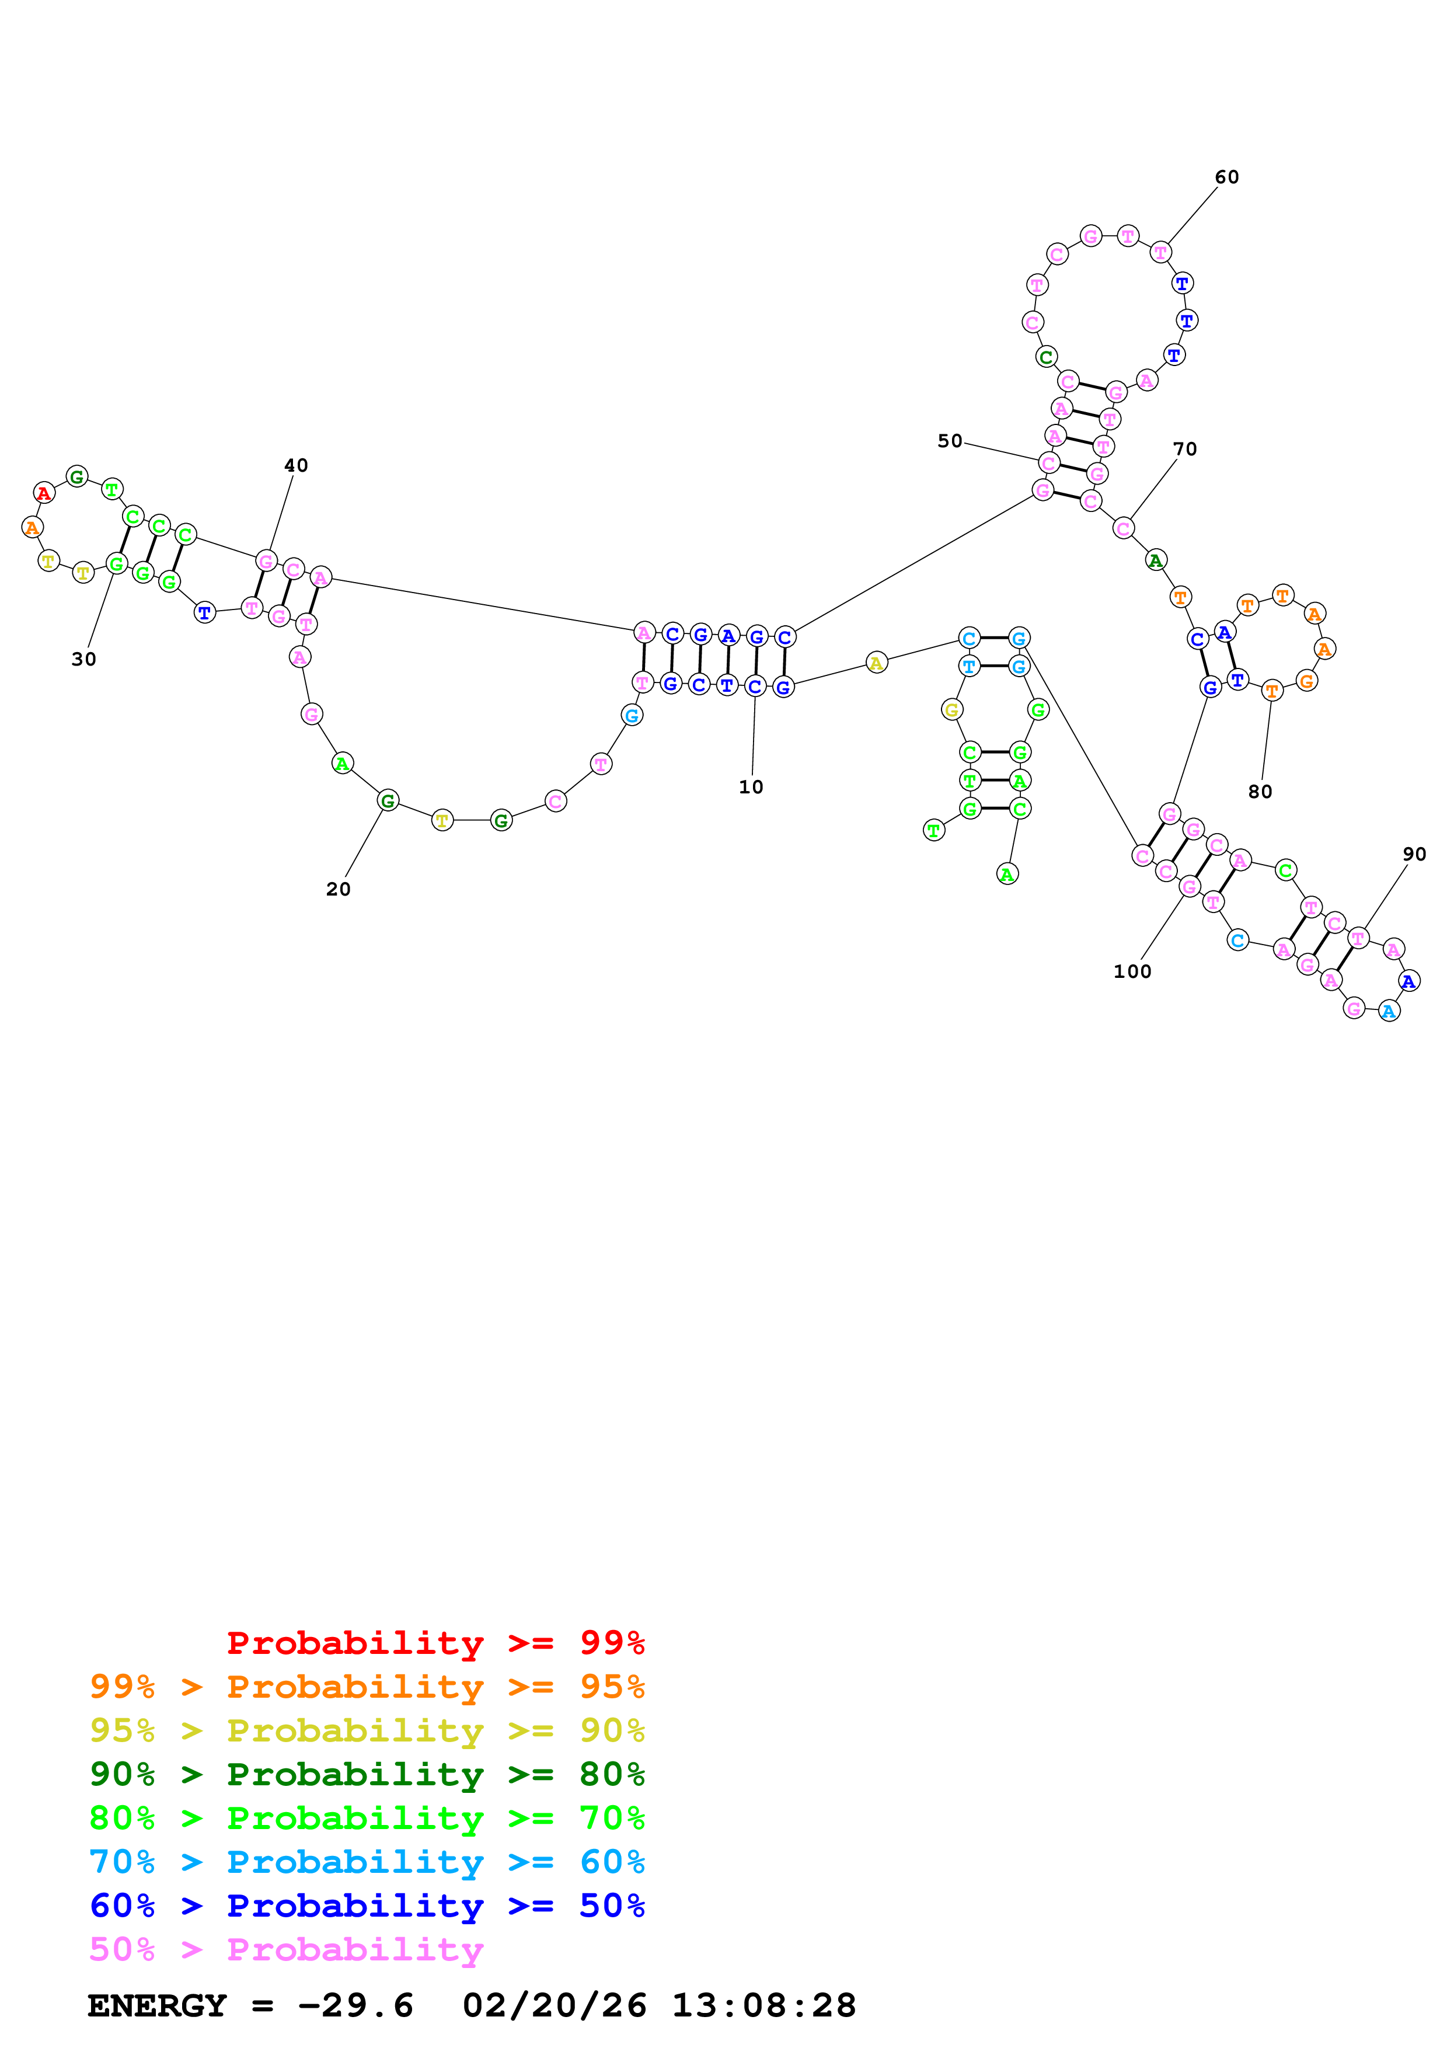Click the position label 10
coord(751,787)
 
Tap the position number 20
coord(338,889)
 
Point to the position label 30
coord(84,659)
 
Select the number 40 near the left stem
coord(296,466)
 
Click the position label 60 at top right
coord(1227,177)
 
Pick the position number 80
coord(1260,791)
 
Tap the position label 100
coord(1132,971)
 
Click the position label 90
coord(1414,854)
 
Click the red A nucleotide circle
coord(44,492)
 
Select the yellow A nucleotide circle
coord(876,663)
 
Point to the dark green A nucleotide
coord(1156,560)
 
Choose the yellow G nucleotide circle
coord(951,710)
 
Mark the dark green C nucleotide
coord(1046,357)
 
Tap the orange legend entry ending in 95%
coord(367,1686)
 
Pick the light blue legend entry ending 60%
coord(367,1862)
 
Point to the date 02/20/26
coord(554,2005)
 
